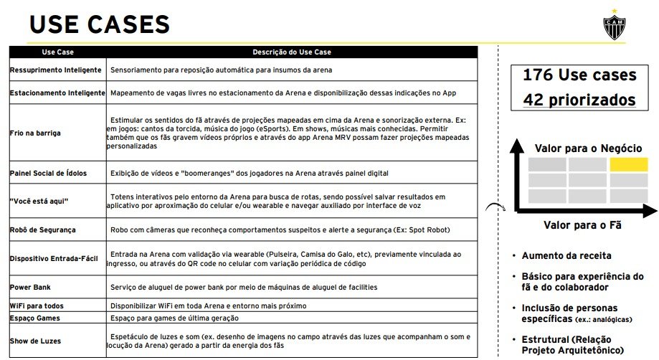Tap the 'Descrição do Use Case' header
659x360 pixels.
click(x=292, y=52)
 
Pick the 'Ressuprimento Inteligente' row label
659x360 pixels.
click(x=49, y=70)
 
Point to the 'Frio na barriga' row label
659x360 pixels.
click(x=35, y=133)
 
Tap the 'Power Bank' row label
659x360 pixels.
click(x=30, y=288)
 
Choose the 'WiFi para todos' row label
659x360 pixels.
click(x=37, y=305)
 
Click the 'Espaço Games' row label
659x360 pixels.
click(x=35, y=318)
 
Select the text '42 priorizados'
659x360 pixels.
click(x=579, y=99)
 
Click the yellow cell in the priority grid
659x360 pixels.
click(x=627, y=164)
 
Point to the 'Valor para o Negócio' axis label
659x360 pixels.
click(x=588, y=148)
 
